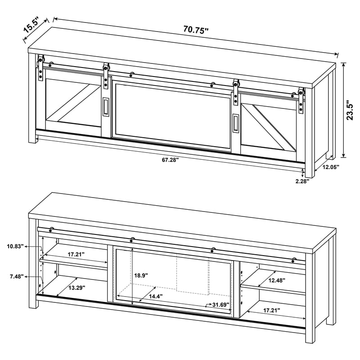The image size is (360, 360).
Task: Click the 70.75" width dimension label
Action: pos(196,31)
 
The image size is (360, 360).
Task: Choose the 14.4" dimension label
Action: pos(156,296)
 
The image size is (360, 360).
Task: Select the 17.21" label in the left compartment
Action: pos(76,254)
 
